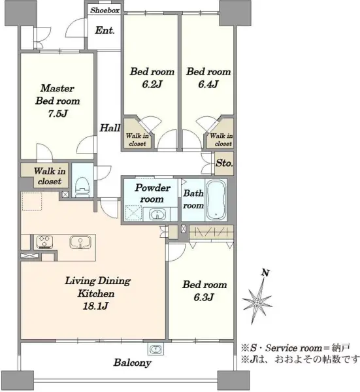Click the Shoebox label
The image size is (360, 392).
tap(105, 10)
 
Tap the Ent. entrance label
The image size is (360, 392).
tap(105, 31)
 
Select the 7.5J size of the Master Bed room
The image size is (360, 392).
tap(57, 114)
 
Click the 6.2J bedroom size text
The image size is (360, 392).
tap(152, 84)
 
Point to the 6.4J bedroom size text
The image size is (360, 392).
tap(208, 84)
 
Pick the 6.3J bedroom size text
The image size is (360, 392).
tap(204, 297)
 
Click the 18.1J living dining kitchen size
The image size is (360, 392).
tap(96, 306)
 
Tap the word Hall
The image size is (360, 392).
tap(110, 128)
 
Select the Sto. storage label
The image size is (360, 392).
tap(224, 163)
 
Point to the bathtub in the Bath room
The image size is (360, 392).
tap(216, 200)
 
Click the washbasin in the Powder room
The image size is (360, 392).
tap(157, 214)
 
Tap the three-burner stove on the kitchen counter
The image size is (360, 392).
tap(44, 242)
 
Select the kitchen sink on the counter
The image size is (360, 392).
tap(80, 242)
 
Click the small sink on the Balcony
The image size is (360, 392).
tap(155, 348)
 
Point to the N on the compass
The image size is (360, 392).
tap(265, 272)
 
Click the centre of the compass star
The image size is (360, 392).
tap(257, 303)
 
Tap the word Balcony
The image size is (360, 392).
tap(133, 363)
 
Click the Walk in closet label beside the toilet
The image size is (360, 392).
tap(50, 176)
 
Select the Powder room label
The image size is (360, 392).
tap(152, 193)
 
